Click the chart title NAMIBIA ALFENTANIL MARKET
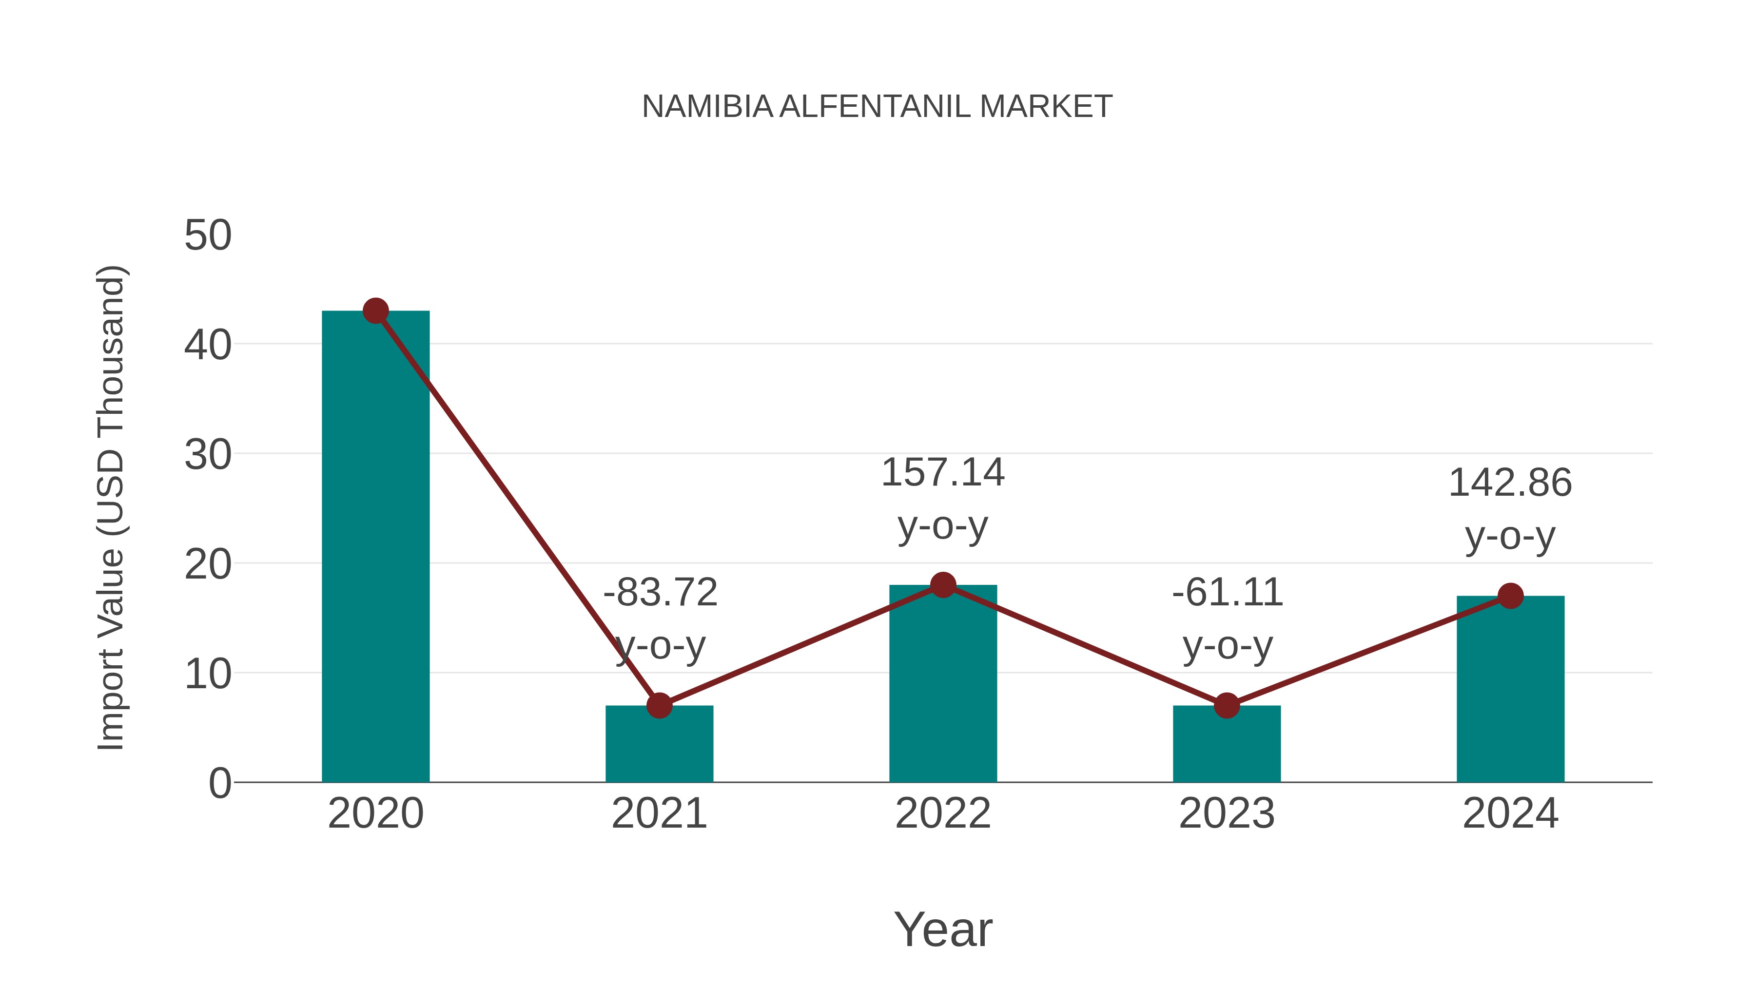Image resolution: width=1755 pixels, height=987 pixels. (x=877, y=107)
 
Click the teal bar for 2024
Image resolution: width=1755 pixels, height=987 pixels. (x=1510, y=689)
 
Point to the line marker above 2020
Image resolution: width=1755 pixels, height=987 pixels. (x=375, y=311)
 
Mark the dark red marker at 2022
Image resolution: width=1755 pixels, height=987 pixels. (x=943, y=584)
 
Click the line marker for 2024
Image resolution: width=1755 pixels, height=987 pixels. (x=1510, y=596)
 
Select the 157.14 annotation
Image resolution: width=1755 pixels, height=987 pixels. (x=943, y=473)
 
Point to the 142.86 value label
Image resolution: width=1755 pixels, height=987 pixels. (x=1510, y=484)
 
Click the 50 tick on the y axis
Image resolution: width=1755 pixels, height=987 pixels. (x=208, y=236)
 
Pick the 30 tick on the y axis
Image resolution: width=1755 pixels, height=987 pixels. (x=208, y=455)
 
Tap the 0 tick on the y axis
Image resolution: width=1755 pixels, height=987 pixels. (x=220, y=783)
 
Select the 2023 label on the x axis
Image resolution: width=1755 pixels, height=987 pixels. (x=1227, y=813)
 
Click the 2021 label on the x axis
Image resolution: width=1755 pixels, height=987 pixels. (x=659, y=813)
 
